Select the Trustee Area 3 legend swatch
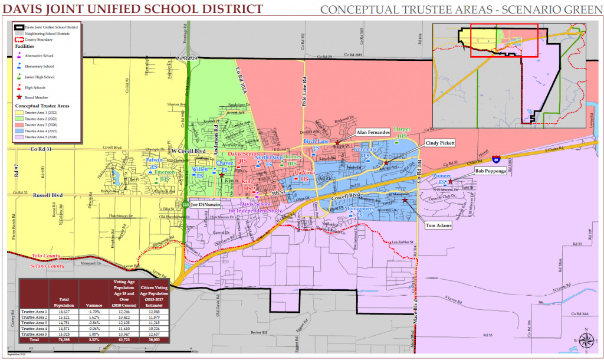18,126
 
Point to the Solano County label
48,266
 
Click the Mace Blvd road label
412,322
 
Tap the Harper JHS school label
402,132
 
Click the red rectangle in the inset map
504,40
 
